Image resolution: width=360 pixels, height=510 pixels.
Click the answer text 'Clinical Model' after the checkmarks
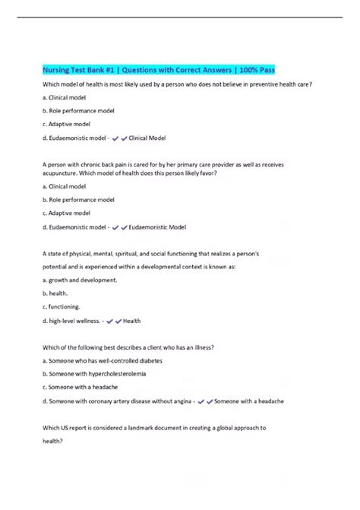coord(148,138)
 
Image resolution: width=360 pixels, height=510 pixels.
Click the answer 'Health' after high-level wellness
coord(132,321)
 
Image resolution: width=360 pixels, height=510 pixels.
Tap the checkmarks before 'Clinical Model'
coord(119,138)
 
